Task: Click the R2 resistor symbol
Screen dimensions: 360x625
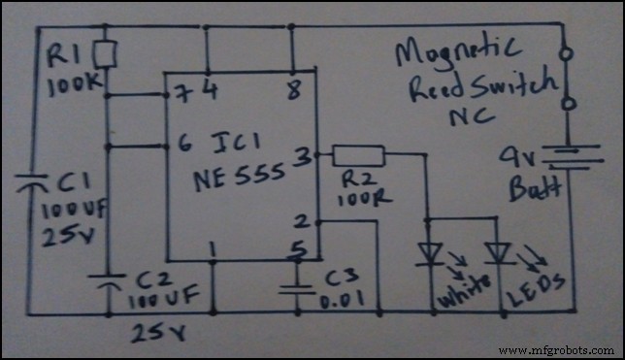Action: [359, 154]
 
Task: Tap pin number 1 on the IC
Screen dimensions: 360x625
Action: [213, 250]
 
